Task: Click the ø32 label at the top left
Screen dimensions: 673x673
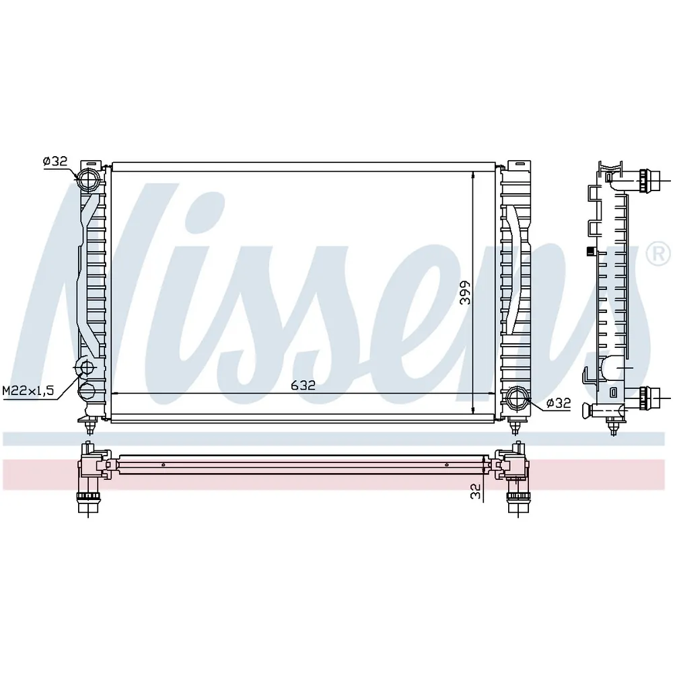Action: click(55, 161)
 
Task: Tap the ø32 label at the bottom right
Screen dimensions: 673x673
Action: click(559, 402)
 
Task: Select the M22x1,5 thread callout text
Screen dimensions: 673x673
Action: click(28, 390)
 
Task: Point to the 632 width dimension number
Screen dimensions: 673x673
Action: click(303, 385)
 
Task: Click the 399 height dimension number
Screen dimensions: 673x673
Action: click(465, 293)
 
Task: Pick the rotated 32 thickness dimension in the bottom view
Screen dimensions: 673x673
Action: click(475, 491)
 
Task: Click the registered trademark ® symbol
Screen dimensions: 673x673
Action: click(658, 255)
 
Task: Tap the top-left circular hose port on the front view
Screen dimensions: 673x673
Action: click(88, 180)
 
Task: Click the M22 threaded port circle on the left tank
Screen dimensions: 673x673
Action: click(87, 368)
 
